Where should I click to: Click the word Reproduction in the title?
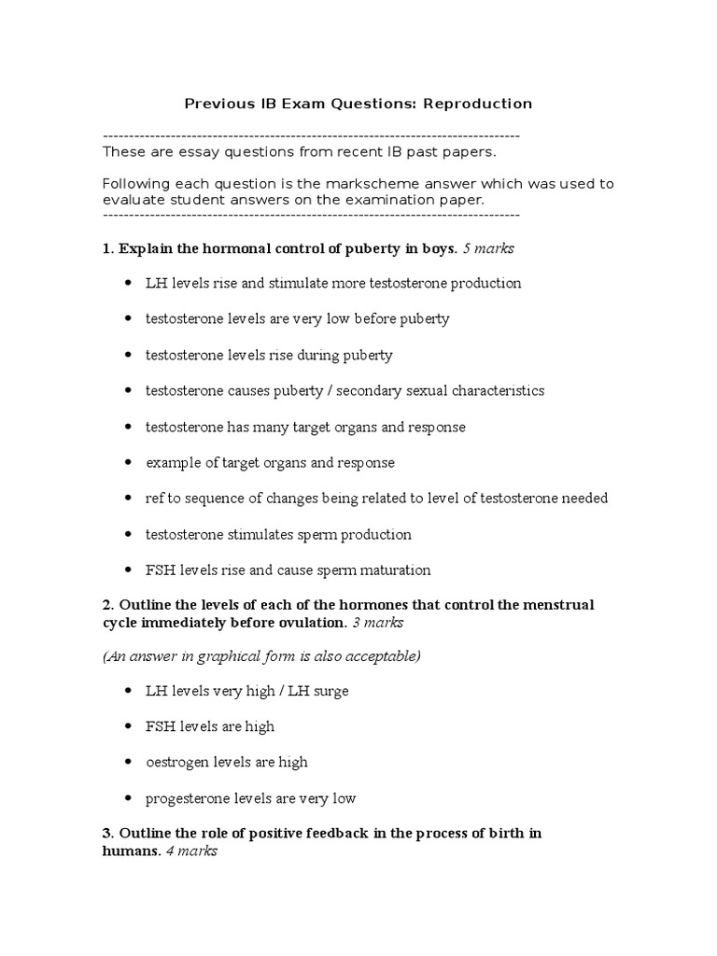[478, 104]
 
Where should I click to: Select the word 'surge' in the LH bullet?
[330, 691]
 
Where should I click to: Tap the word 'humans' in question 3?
[131, 851]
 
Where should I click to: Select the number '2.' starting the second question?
[107, 605]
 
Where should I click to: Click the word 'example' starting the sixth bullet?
[172, 463]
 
